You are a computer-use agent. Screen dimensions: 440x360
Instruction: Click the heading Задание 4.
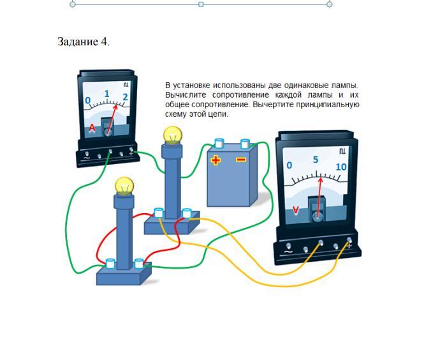coord(84,41)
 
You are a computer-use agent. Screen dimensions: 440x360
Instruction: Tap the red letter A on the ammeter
coord(92,128)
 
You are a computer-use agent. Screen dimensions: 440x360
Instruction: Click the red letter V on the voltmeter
coord(295,210)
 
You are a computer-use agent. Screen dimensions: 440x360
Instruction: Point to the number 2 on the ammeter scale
coord(125,97)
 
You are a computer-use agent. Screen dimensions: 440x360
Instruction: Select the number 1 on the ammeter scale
coord(106,93)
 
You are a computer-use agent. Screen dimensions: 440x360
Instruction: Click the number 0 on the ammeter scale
coord(88,100)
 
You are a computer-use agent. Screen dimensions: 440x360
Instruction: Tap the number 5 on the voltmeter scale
coord(316,160)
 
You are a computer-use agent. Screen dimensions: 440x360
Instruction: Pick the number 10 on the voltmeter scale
coord(341,167)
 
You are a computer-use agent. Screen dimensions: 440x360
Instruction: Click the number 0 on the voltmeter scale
coord(290,165)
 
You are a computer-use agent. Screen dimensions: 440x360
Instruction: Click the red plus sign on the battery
coord(216,160)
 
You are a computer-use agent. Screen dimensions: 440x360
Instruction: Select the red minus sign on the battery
coord(241,160)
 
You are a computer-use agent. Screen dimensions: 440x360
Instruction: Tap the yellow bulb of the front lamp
coord(124,186)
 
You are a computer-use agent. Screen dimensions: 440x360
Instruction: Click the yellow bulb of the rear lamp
coord(173,135)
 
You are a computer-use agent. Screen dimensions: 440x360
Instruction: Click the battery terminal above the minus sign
coord(246,143)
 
